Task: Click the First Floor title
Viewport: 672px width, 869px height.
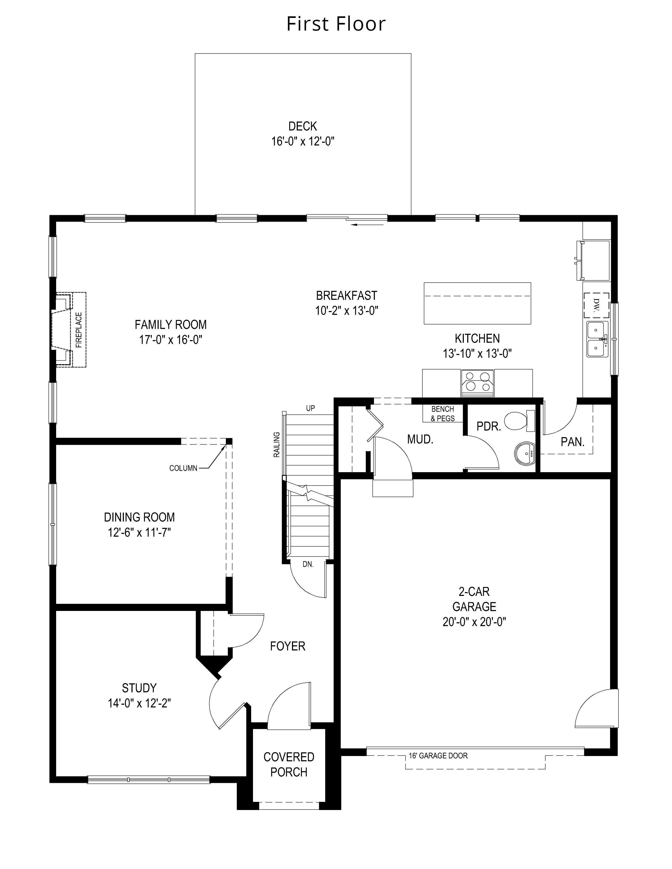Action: pyautogui.click(x=336, y=24)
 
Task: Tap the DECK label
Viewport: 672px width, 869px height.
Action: pyautogui.click(x=303, y=126)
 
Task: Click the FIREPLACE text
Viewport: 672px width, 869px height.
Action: pyautogui.click(x=79, y=330)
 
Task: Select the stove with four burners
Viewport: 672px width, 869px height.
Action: pyautogui.click(x=477, y=383)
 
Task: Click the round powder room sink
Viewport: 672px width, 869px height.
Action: pyautogui.click(x=525, y=453)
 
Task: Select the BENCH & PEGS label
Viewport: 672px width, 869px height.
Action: pyautogui.click(x=443, y=414)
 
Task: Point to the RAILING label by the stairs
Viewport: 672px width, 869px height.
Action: pyautogui.click(x=277, y=445)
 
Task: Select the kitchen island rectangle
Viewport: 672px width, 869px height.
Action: pyautogui.click(x=477, y=303)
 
